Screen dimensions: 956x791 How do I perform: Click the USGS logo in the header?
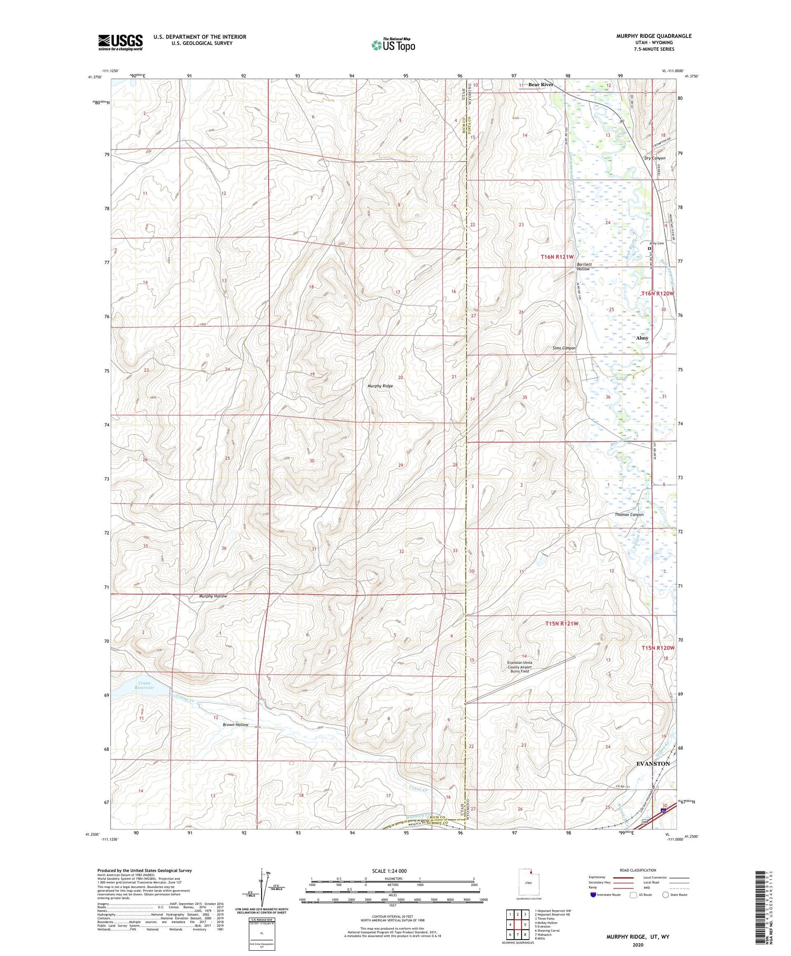(120, 42)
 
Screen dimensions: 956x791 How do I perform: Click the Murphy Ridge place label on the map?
(380, 386)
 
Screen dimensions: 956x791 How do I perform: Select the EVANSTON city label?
(653, 763)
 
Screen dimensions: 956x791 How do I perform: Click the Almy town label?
(642, 338)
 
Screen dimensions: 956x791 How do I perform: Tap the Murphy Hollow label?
(213, 596)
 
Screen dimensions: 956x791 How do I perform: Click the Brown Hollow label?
(235, 725)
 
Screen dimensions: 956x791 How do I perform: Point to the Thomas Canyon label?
(629, 514)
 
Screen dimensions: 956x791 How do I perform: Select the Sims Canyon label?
(564, 348)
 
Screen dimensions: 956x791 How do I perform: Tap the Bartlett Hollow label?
(583, 266)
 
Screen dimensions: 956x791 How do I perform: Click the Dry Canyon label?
(654, 158)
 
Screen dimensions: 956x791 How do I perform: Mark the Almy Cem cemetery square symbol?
(650, 248)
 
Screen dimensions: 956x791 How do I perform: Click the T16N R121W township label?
(557, 256)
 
